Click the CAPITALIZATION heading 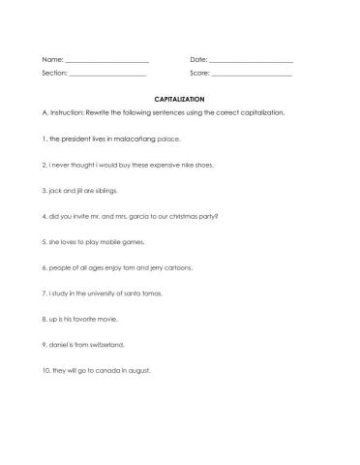(180, 99)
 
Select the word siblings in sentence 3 (100, 191)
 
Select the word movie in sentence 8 (106, 319)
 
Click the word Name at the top (52, 62)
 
